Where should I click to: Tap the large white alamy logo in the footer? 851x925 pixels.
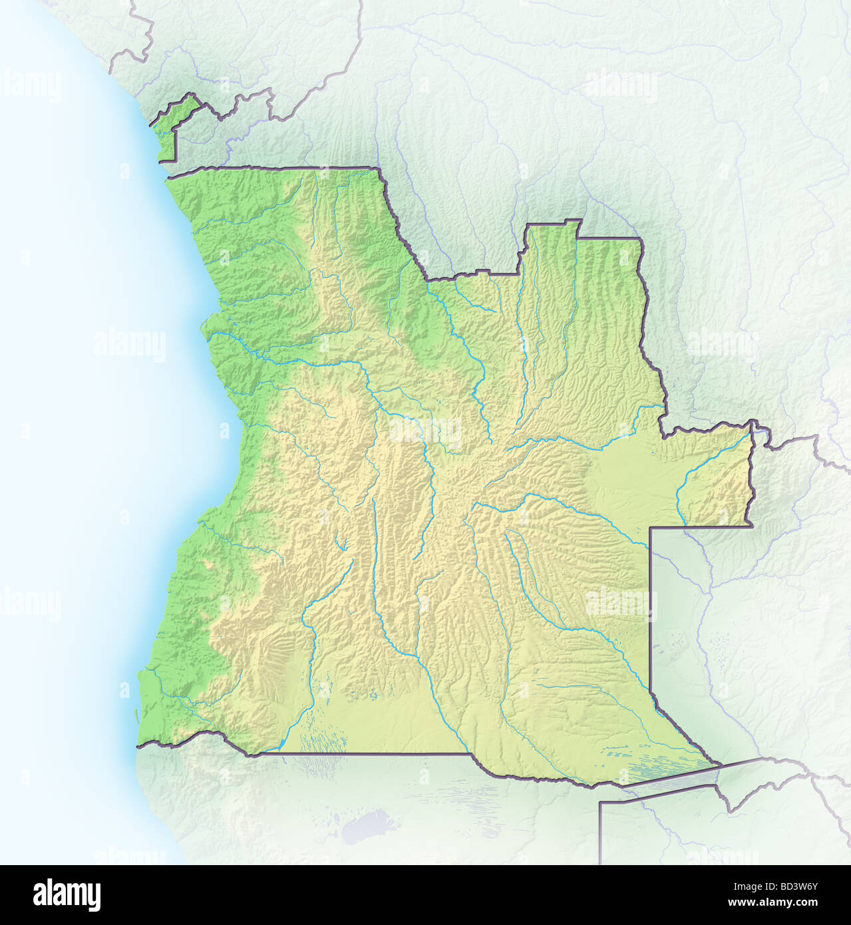(67, 895)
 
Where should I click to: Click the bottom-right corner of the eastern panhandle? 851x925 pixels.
(751, 526)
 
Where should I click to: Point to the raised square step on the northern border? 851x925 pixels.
(552, 230)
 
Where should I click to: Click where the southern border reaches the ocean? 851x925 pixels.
(138, 747)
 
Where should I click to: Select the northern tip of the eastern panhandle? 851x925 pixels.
(752, 423)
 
